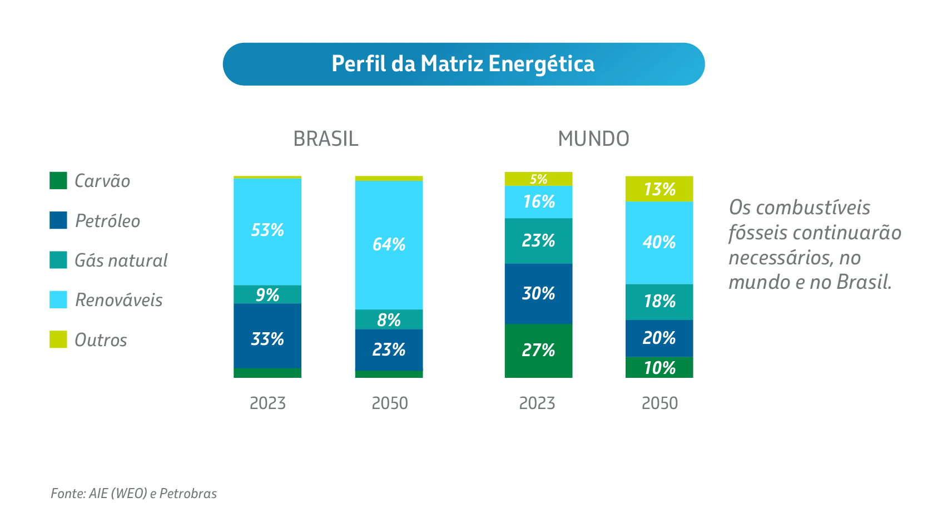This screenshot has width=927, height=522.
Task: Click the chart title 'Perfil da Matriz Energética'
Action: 463,64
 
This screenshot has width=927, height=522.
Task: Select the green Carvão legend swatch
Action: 58,181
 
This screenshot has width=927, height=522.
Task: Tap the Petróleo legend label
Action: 107,221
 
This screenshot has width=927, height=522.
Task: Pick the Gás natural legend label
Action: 121,260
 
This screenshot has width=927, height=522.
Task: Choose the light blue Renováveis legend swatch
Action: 58,300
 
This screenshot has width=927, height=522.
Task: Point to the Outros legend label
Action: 101,340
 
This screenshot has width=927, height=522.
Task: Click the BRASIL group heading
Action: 325,139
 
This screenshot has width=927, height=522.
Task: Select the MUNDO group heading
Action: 593,139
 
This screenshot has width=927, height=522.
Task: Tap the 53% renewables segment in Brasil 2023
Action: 267,230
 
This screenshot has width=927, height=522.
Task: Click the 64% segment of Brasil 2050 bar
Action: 389,245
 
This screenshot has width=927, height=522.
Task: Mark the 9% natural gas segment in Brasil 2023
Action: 267,295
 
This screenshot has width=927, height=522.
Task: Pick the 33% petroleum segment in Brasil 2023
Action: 267,338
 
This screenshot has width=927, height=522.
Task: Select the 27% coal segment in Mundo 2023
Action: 538,350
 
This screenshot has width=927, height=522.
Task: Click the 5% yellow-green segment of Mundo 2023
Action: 538,179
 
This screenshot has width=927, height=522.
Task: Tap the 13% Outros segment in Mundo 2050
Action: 659,189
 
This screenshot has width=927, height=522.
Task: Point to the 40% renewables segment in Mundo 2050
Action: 659,243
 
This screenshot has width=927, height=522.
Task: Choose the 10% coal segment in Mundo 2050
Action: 659,368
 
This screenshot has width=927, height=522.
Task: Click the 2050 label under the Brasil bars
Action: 389,403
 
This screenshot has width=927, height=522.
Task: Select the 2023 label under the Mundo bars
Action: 537,403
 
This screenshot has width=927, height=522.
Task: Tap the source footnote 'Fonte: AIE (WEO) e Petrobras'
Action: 133,494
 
